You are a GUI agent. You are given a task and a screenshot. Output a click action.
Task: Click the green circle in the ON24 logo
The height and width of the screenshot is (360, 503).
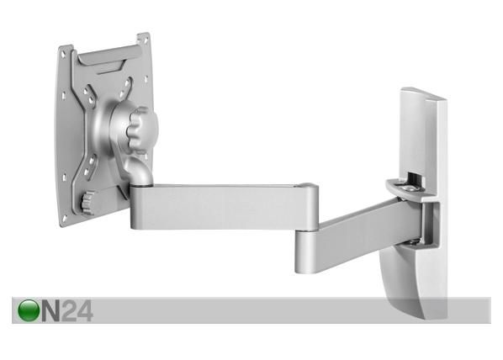point(29,310)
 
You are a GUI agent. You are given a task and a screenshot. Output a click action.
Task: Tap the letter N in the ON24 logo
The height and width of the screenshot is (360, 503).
point(50,311)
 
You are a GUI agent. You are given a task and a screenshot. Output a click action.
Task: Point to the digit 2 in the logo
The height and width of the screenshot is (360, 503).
point(69,310)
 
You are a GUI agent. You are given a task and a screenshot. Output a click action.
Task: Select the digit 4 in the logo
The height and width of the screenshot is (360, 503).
point(85,310)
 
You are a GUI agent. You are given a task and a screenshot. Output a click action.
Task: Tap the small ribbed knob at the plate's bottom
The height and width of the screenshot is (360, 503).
point(87,202)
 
